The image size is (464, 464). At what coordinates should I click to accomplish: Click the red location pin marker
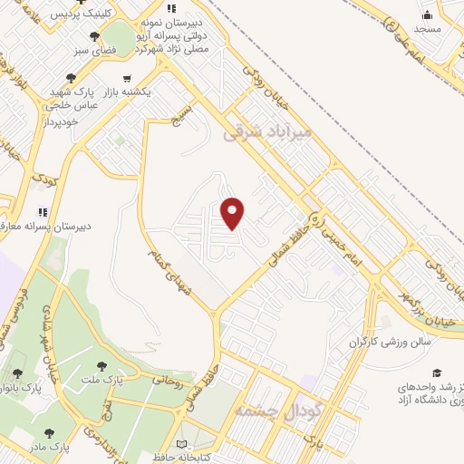[233, 213]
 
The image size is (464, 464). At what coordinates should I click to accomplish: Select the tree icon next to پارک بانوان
[17, 373]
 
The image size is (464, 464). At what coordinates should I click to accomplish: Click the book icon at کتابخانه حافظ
[182, 445]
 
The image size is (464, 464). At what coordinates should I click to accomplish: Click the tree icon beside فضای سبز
[94, 36]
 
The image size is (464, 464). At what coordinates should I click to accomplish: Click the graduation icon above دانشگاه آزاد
[438, 372]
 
